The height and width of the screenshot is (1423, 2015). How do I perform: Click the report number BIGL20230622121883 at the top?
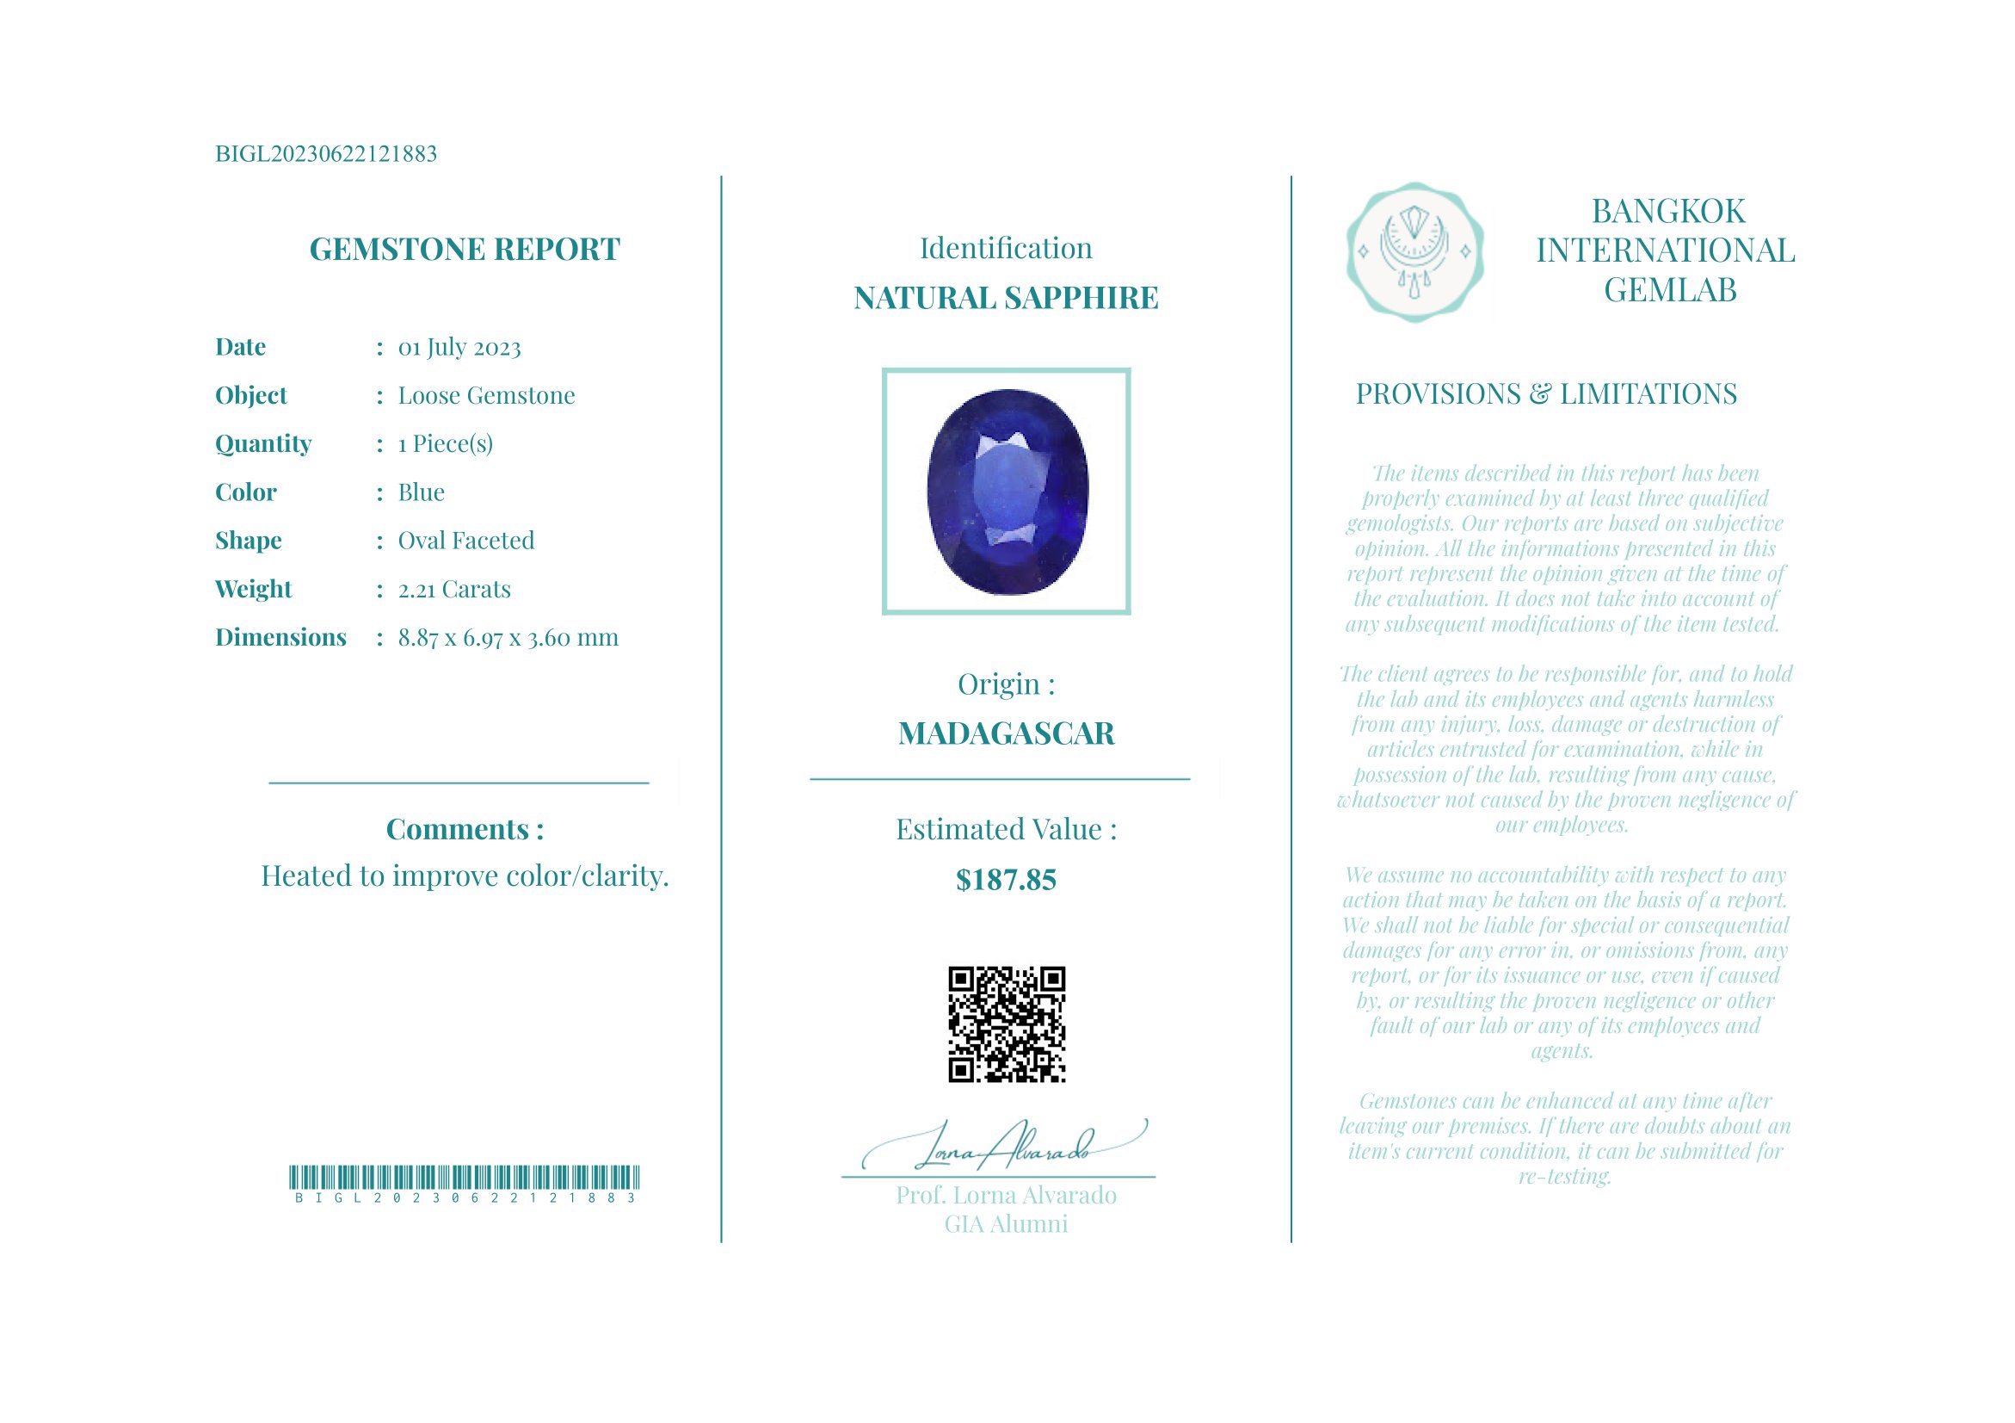coord(325,154)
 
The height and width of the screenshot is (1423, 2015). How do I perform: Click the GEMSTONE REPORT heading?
coord(465,250)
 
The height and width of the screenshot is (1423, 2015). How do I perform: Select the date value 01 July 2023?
coord(459,348)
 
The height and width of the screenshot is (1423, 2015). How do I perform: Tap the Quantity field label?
coord(263,444)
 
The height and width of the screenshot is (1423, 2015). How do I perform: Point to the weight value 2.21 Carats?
coord(453,589)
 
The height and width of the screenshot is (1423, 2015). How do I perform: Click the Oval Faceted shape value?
coord(465,541)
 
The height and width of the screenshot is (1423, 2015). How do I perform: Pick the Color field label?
coord(246,492)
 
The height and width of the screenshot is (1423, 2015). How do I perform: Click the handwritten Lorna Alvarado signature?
coord(1005,1147)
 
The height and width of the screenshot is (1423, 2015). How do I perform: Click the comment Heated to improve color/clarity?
coord(465,876)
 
